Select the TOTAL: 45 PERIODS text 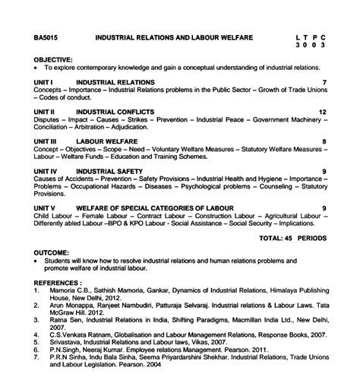coord(292,238)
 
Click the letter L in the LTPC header coord(298,36)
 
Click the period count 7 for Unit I coord(324,81)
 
